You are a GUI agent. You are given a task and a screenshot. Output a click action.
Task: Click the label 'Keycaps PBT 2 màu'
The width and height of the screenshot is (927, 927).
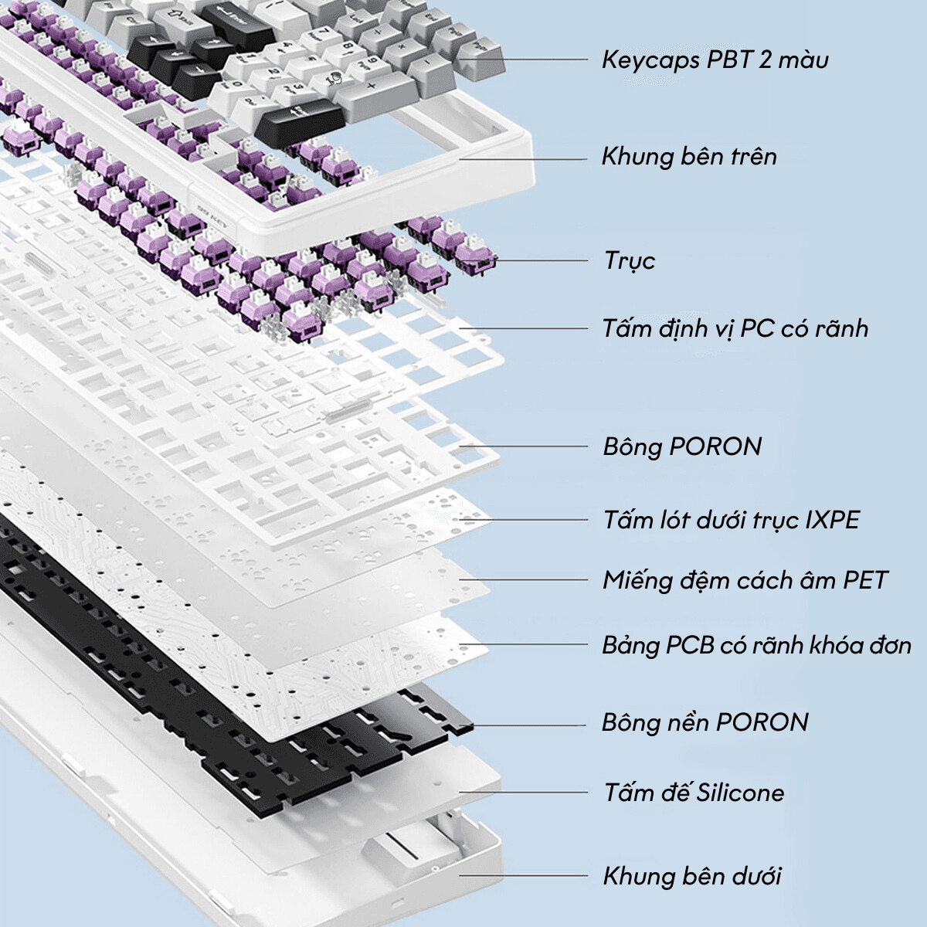click(715, 59)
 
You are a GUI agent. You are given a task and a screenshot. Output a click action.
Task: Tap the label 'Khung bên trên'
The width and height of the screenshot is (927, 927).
click(689, 157)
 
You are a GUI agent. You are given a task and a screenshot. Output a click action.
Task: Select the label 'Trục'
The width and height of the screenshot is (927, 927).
click(630, 260)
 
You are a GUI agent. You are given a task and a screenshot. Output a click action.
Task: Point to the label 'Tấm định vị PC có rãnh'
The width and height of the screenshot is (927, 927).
click(735, 328)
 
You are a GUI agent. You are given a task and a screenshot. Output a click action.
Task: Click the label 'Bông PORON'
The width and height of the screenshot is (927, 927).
click(682, 447)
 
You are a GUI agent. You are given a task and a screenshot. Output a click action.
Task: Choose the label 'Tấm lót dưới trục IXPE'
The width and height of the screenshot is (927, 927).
click(732, 519)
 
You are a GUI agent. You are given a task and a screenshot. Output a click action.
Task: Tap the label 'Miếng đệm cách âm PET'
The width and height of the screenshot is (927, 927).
click(745, 580)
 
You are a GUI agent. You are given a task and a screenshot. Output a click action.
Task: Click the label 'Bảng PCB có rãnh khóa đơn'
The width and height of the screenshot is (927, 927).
click(757, 645)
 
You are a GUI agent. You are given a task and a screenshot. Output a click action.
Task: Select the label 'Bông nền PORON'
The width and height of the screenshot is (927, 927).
click(705, 722)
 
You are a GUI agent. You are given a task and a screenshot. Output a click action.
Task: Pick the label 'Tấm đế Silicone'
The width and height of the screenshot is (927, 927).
click(694, 793)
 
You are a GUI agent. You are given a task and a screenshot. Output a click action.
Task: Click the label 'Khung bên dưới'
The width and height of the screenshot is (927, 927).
click(692, 876)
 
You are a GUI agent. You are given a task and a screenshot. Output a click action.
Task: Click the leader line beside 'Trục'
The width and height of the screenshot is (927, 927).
click(541, 260)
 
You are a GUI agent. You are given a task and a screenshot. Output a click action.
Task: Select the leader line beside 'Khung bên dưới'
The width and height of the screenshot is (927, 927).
click(525, 876)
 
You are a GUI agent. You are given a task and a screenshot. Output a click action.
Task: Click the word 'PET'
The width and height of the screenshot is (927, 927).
click(865, 580)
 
